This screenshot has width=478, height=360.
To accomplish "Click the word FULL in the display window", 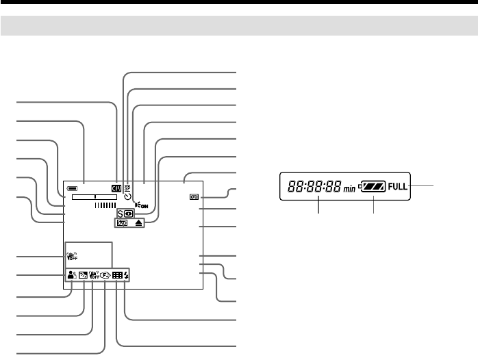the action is point(397,186).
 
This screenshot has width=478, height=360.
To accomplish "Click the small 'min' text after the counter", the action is point(350,188).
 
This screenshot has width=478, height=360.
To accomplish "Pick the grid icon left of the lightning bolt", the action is point(117,275).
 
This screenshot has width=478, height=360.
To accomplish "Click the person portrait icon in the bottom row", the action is point(71,275).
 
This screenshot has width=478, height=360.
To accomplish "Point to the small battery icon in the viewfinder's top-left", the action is point(72,186).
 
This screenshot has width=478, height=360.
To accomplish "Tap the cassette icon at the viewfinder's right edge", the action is point(194,197).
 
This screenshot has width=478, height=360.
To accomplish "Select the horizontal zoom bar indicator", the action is point(92,195).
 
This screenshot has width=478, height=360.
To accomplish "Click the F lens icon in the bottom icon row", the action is point(106,275).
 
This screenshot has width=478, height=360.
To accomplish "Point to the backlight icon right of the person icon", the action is point(83,275).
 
